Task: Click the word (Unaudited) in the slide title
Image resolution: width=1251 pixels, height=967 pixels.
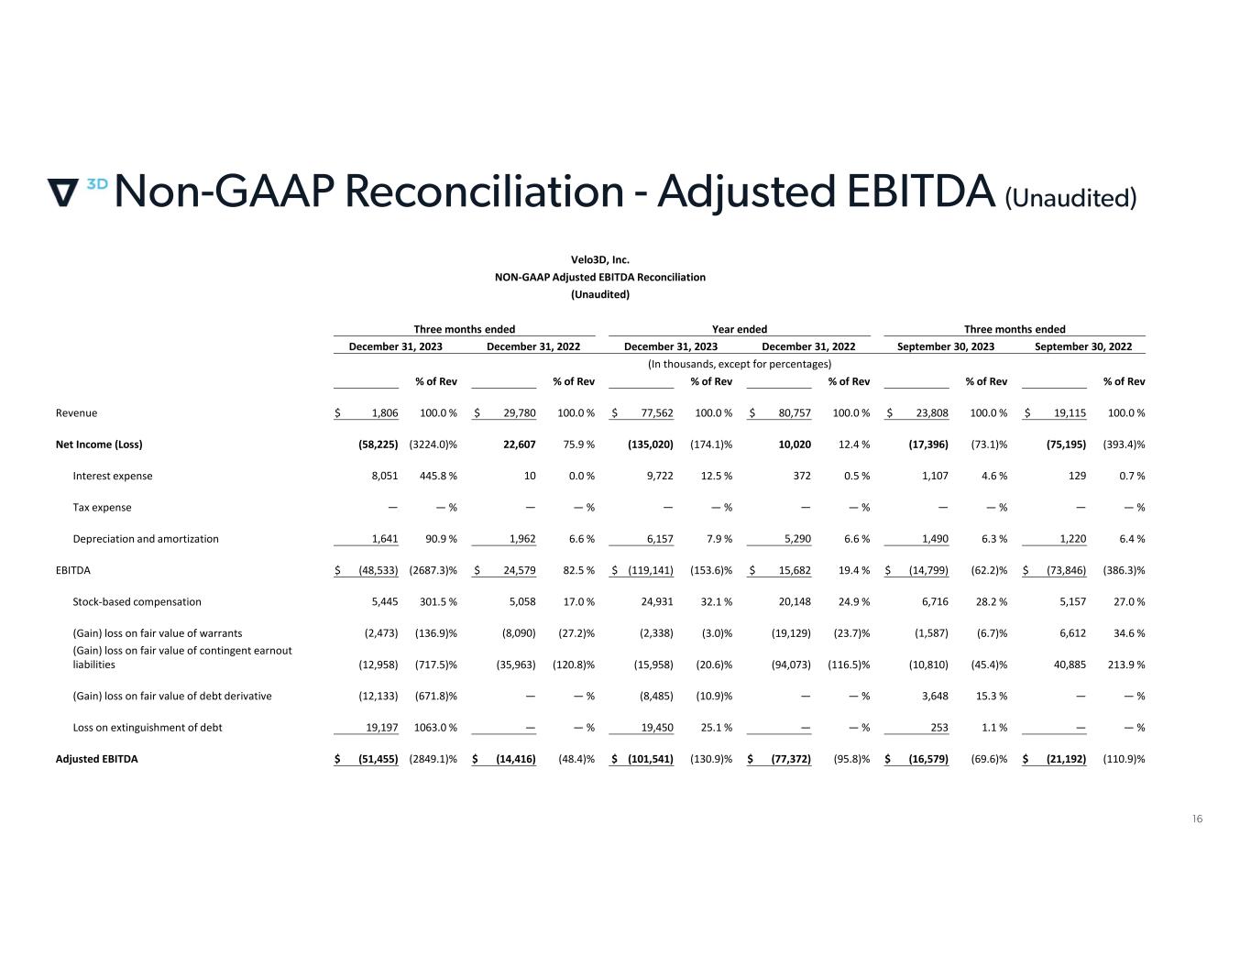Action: coord(1070,197)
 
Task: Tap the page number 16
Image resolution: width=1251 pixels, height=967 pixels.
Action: coord(1197,819)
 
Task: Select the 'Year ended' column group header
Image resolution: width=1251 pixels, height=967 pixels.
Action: coord(740,329)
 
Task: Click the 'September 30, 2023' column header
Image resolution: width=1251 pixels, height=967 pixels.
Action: coord(945,346)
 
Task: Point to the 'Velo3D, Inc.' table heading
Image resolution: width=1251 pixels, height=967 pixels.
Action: coord(600,259)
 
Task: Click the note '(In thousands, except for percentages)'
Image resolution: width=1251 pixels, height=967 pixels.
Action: coord(740,364)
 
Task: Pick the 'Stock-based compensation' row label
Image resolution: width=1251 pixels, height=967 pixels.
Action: coord(137,602)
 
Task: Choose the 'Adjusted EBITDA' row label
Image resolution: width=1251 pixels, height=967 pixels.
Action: coord(97,759)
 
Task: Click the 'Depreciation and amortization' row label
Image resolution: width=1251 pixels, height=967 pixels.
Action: coord(146,539)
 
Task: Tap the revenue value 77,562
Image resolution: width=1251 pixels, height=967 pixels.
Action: coord(654,413)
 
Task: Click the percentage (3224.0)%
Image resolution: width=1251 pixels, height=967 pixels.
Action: coord(433,445)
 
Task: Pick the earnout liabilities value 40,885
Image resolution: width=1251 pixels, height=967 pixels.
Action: coord(1067,665)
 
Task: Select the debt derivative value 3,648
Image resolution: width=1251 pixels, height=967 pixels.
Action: coord(932,696)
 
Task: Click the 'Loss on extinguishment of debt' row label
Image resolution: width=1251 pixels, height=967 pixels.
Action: coord(148,728)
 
